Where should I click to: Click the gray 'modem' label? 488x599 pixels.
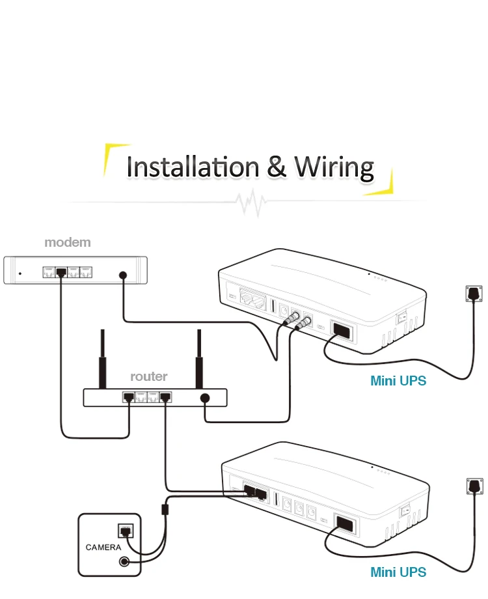pyautogui.click(x=68, y=242)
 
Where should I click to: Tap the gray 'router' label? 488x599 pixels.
pyautogui.click(x=148, y=376)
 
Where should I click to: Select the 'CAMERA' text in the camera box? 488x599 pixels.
pyautogui.click(x=103, y=547)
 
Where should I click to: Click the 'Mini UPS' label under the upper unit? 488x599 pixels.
pyautogui.click(x=398, y=381)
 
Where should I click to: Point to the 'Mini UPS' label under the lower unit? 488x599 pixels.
pyautogui.click(x=398, y=572)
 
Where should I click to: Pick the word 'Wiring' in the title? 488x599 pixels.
pyautogui.click(x=334, y=167)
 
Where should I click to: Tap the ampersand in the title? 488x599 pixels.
pyautogui.click(x=276, y=167)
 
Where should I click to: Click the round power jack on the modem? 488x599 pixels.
pyautogui.click(x=123, y=275)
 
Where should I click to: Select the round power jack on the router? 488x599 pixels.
pyautogui.click(x=205, y=398)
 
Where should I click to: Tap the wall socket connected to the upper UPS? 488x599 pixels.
pyautogui.click(x=474, y=294)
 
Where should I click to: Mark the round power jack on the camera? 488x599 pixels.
pyautogui.click(x=123, y=562)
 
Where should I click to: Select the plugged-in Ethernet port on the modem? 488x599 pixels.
pyautogui.click(x=61, y=273)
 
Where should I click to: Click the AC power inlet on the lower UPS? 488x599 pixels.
pyautogui.click(x=344, y=523)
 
